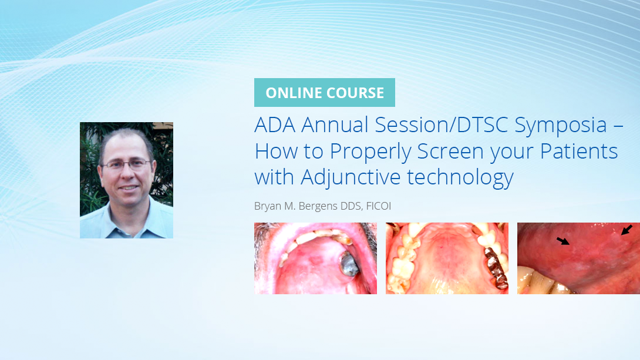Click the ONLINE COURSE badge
[x=324, y=93]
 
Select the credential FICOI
[x=378, y=206]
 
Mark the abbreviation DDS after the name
[x=351, y=206]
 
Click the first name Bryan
[x=267, y=206]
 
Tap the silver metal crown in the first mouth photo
[x=349, y=264]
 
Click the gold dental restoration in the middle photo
[x=492, y=267]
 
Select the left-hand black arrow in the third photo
[x=563, y=241]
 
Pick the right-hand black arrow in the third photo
[x=626, y=230]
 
